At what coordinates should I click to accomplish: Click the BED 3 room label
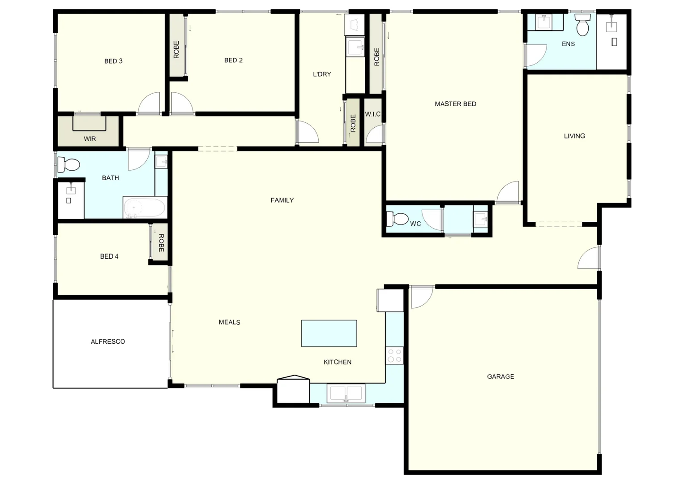point(113,61)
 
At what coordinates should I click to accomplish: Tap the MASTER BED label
point(455,104)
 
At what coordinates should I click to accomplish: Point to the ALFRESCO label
point(108,341)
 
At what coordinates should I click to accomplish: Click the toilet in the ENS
point(583,25)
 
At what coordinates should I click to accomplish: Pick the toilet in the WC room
point(397,219)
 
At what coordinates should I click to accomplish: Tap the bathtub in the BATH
point(145,207)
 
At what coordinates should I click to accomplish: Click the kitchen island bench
point(329,333)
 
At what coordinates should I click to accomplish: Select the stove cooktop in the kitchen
point(394,355)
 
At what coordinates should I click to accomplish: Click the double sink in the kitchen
point(346,393)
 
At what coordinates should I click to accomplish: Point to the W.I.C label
point(372,114)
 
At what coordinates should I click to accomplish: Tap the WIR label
point(90,139)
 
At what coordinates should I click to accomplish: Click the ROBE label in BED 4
point(161,243)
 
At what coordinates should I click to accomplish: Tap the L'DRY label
point(322,74)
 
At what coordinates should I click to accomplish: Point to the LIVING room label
point(574,136)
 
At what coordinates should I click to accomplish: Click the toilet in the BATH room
point(68,164)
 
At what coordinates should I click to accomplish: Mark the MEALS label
point(229,322)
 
